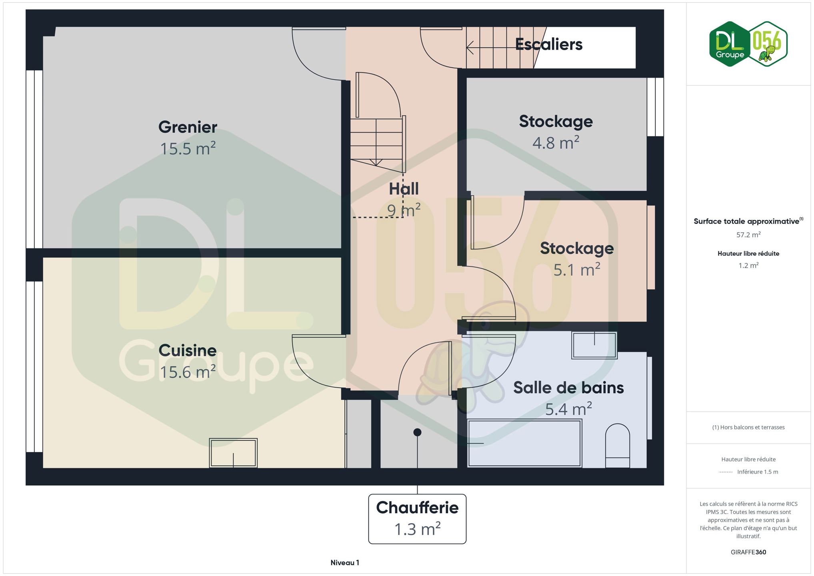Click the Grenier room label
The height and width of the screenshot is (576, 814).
188,127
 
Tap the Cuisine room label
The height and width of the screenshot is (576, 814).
188,350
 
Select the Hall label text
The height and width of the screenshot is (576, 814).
404,189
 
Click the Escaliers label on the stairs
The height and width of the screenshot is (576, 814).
549,44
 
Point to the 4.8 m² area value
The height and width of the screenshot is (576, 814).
556,142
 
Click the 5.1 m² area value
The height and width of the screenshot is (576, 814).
577,270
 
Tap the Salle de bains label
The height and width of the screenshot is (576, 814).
568,388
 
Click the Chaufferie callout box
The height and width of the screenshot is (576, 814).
417,519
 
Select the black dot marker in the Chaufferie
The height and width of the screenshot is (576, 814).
417,432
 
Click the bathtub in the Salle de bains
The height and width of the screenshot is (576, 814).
524,443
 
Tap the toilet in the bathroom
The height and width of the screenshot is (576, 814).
618,446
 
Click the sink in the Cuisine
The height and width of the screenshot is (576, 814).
233,453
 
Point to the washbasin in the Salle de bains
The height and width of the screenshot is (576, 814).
594,345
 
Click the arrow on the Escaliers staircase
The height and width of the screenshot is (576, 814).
500,48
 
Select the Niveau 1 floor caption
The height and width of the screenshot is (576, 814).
345,562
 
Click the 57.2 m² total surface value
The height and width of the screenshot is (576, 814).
748,235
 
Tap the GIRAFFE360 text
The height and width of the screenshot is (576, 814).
748,552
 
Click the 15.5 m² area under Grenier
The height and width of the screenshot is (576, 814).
188,148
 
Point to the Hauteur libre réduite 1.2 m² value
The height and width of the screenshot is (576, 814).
748,265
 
